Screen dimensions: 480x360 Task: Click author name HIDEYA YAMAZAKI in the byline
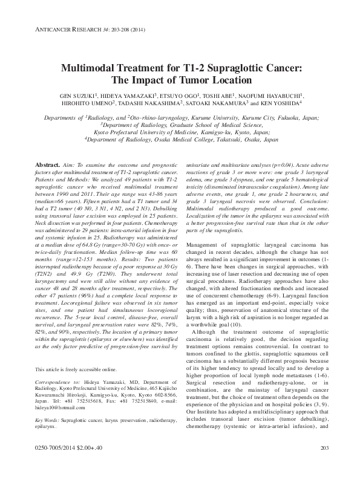tap(126, 97)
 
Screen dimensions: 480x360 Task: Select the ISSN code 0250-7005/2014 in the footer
tap(59, 464)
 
